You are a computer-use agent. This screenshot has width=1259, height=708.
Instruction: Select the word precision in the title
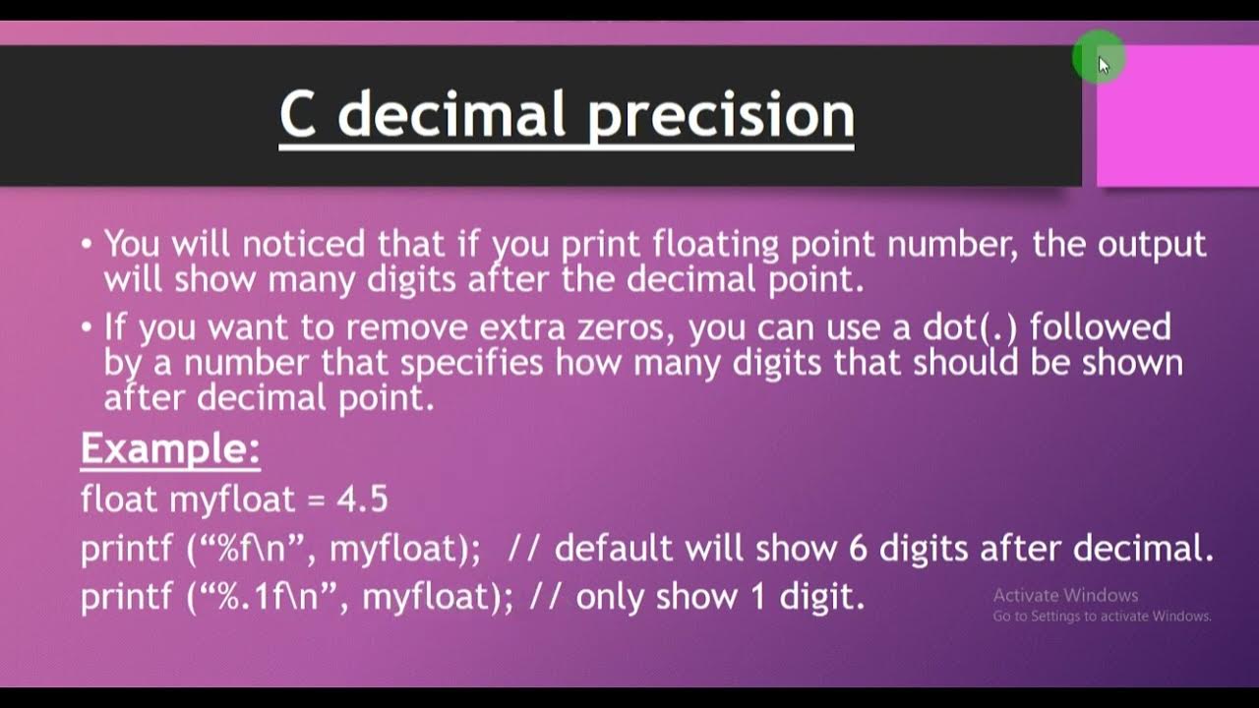[721, 116]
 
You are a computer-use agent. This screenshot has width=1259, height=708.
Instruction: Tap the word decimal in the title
[453, 114]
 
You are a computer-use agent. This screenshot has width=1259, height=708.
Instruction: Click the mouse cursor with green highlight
[1100, 62]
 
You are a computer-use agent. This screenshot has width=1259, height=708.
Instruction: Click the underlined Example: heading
[170, 449]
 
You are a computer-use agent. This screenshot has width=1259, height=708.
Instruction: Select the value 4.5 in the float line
[362, 500]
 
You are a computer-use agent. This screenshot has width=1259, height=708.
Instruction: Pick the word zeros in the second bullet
[630, 326]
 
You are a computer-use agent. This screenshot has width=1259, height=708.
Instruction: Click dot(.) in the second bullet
[968, 326]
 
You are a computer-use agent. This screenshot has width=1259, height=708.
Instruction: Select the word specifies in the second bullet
[471, 363]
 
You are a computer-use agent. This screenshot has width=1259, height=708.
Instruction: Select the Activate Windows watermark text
[1065, 595]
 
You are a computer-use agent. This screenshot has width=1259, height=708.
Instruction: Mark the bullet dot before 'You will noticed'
[88, 243]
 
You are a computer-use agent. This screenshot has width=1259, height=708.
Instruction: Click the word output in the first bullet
[1152, 243]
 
